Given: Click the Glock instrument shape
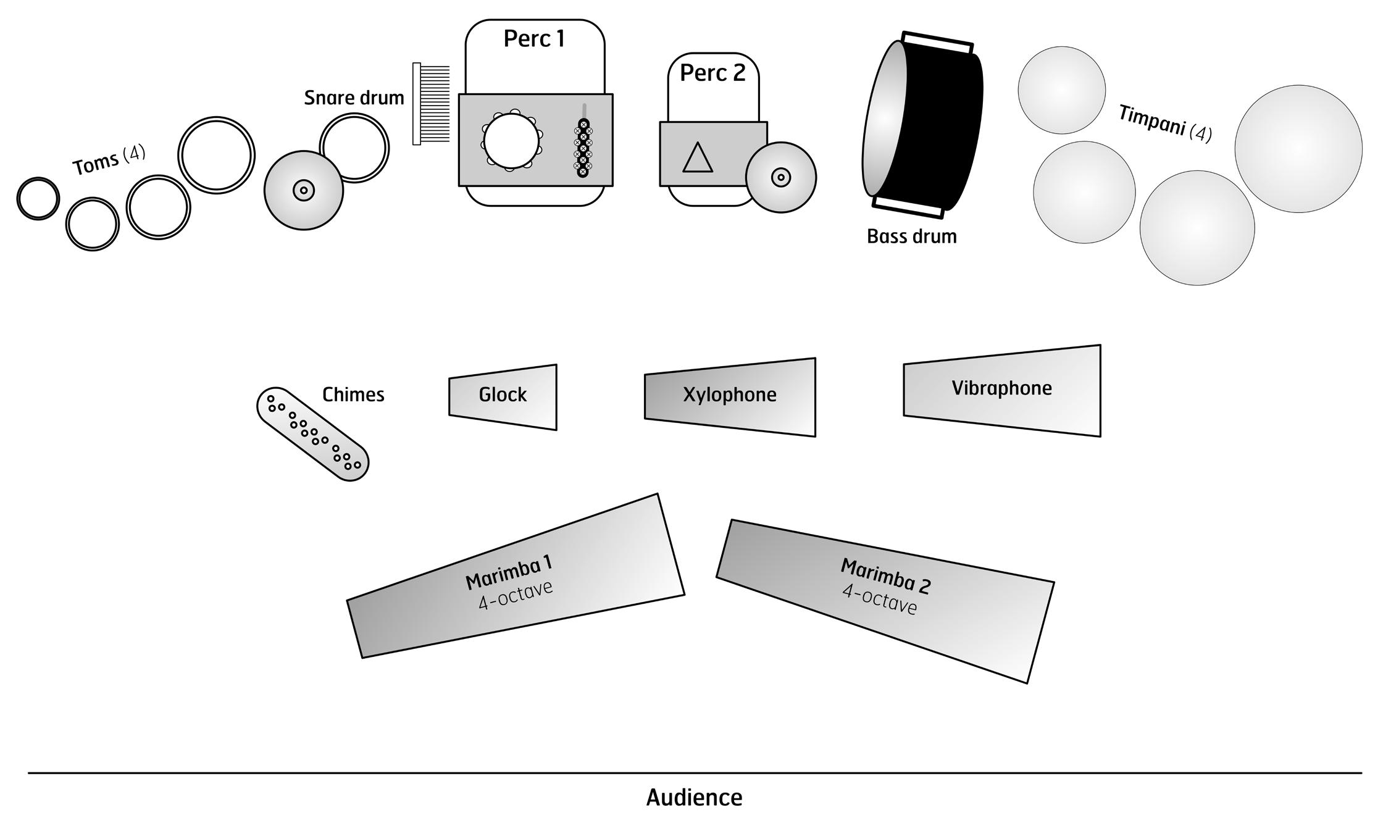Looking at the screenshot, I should click(x=503, y=396).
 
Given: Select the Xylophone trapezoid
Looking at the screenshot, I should click(x=730, y=396).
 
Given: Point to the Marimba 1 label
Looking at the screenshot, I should click(x=508, y=572).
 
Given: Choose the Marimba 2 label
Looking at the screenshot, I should click(x=885, y=575).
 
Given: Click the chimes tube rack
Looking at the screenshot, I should click(x=312, y=433).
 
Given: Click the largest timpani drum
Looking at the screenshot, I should click(x=1298, y=149).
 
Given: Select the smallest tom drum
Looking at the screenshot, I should click(x=38, y=198).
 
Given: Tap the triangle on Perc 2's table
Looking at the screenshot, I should click(x=698, y=158).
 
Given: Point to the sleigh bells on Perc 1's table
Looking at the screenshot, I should click(x=583, y=148).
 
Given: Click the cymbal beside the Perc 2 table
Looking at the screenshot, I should click(x=781, y=178).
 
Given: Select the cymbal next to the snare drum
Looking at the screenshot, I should click(x=303, y=190).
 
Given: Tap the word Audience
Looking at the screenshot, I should click(x=694, y=798).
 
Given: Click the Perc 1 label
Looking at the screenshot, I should click(x=534, y=39).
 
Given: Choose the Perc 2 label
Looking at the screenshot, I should click(x=712, y=73).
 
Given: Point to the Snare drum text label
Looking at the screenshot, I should click(x=354, y=98).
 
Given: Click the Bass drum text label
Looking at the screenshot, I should click(x=911, y=236).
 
